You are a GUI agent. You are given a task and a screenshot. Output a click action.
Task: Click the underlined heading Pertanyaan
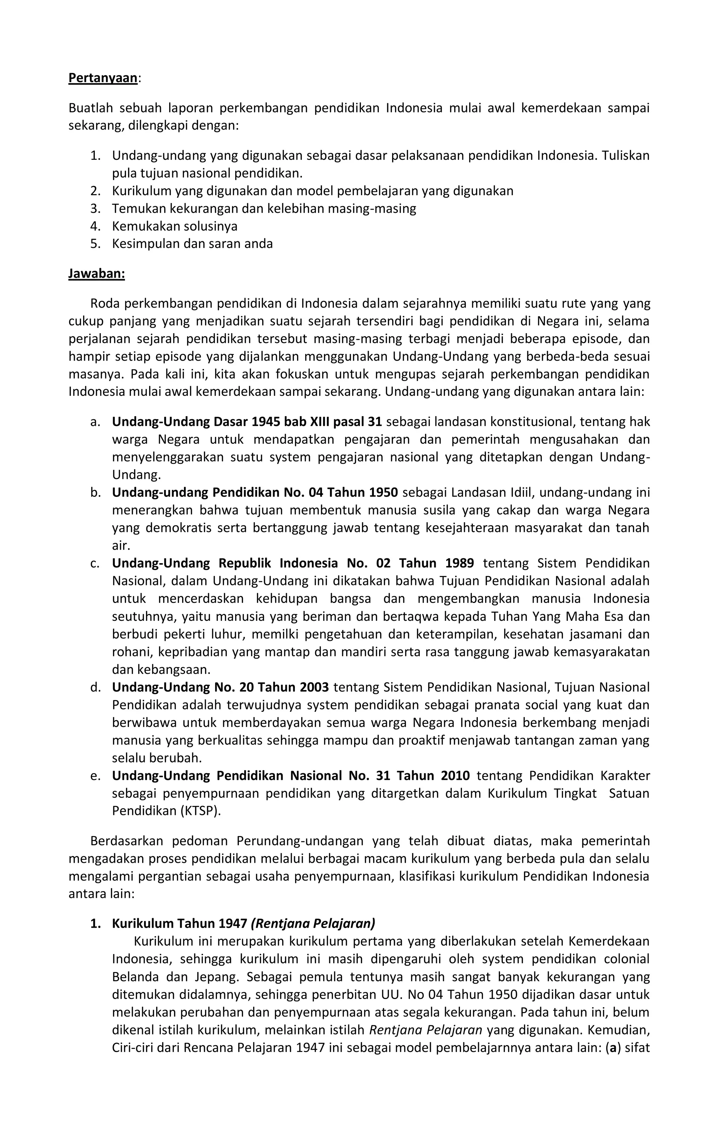103,78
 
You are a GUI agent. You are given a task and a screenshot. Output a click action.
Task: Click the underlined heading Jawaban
97,274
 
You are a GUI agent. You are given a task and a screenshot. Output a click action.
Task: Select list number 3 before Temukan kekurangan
95,208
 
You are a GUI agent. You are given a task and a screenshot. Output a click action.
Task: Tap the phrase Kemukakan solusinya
174,226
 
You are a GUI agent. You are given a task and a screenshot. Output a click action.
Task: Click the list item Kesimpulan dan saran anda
192,244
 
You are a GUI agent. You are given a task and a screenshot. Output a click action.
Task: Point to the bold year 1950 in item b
383,492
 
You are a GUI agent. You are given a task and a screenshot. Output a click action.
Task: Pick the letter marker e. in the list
95,776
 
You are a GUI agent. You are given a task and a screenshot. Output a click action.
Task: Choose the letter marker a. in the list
95,421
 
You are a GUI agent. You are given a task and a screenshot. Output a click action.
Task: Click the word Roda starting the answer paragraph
105,304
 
